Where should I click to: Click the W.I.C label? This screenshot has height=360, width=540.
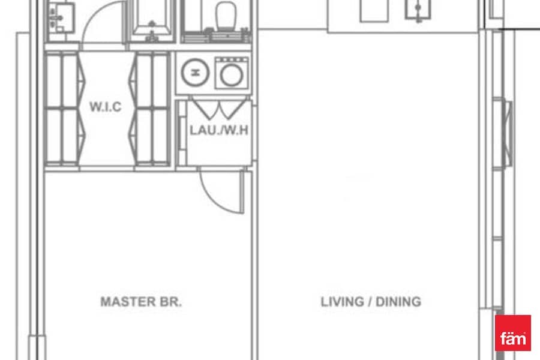pos(106,107)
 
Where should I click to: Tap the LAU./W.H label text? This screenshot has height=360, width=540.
pos(219,130)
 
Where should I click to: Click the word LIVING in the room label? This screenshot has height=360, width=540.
pos(342,302)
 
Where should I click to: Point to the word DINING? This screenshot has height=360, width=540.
pos(398,302)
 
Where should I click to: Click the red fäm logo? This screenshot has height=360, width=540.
pos(513,333)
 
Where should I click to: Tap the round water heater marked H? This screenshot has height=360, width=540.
pos(195,73)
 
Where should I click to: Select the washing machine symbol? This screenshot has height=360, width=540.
pos(232,73)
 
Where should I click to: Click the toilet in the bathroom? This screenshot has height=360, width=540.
pos(226,16)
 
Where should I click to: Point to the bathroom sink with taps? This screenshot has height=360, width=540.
pos(61,17)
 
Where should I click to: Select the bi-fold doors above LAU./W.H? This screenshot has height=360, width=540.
pos(219,109)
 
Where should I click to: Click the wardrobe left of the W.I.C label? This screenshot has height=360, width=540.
pos(62,109)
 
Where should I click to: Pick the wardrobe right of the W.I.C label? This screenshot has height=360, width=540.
pos(151,109)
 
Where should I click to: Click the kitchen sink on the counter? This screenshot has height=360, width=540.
pos(418,10)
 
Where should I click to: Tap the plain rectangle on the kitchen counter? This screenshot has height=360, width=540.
pos(374,10)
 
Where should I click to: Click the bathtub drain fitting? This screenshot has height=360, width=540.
pos(152,24)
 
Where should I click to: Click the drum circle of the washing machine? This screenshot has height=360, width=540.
pos(232,76)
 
